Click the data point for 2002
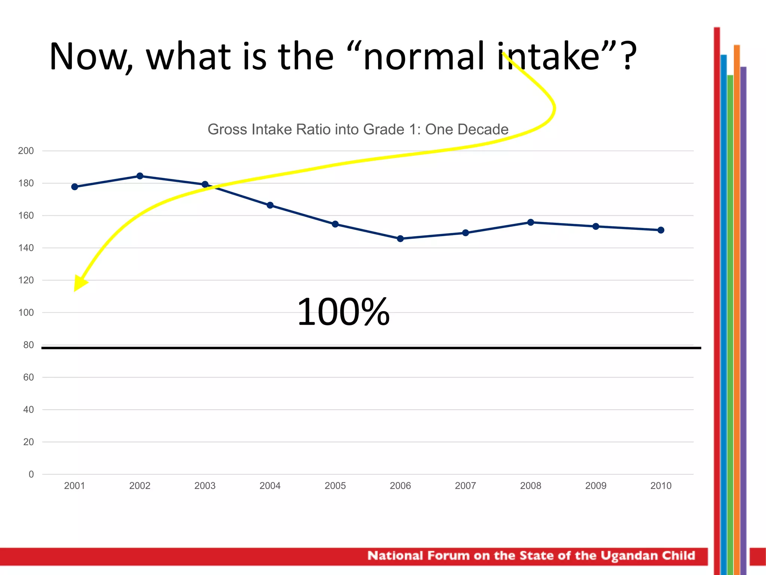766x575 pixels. (140, 176)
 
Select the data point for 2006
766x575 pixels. (400, 238)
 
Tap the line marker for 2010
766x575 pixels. (661, 230)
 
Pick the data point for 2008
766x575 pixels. (531, 222)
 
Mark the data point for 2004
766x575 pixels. (270, 205)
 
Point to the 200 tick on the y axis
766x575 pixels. (26, 151)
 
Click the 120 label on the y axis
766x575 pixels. (26, 280)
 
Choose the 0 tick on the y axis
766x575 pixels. (31, 474)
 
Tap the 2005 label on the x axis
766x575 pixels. (335, 486)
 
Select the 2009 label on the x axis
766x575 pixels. (596, 486)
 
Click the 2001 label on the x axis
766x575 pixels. (74, 486)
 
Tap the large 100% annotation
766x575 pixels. (343, 312)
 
